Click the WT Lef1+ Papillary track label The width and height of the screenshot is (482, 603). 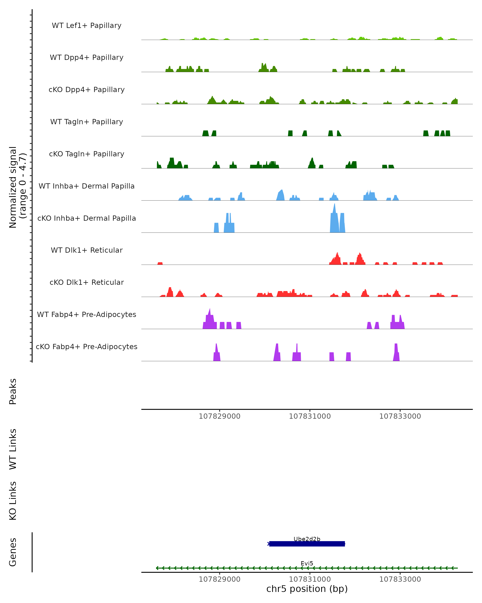(x=87, y=26)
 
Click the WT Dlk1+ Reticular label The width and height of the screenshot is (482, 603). (x=87, y=250)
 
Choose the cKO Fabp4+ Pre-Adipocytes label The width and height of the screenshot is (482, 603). (x=87, y=347)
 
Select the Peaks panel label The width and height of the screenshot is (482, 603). (x=13, y=391)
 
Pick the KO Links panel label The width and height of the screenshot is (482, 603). (x=13, y=501)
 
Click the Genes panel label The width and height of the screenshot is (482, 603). (x=13, y=552)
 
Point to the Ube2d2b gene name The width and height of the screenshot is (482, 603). (x=307, y=539)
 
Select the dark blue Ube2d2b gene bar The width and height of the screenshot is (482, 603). (x=307, y=544)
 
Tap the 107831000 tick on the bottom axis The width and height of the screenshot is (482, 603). (x=310, y=579)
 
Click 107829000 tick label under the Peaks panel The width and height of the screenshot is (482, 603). (x=220, y=416)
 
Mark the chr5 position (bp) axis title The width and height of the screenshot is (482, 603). (x=307, y=589)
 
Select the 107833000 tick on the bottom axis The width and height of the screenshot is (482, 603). (x=400, y=579)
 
